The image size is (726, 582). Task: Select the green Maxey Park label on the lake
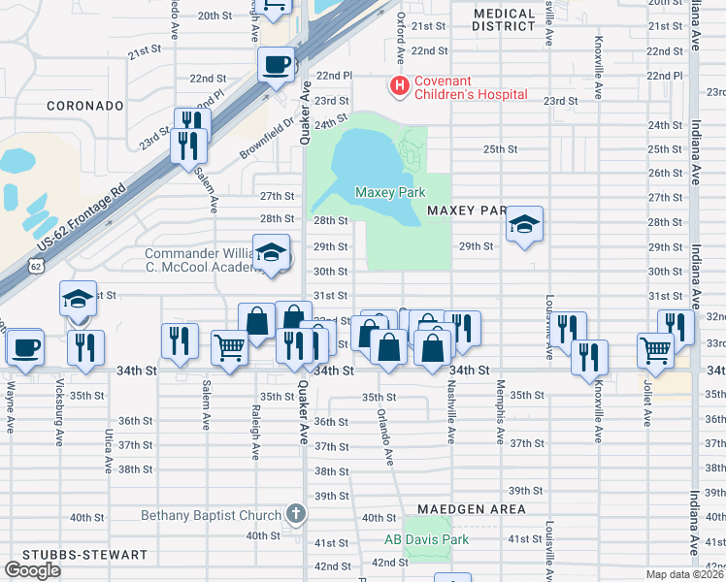(390, 193)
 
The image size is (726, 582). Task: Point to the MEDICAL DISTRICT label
(504, 20)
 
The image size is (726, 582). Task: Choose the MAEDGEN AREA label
(472, 508)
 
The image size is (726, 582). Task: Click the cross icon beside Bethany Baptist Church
(295, 514)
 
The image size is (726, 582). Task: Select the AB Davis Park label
(419, 539)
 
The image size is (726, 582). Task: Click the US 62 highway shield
(36, 265)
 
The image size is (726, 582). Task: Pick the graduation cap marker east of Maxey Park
(524, 226)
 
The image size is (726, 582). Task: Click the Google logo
(33, 570)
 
